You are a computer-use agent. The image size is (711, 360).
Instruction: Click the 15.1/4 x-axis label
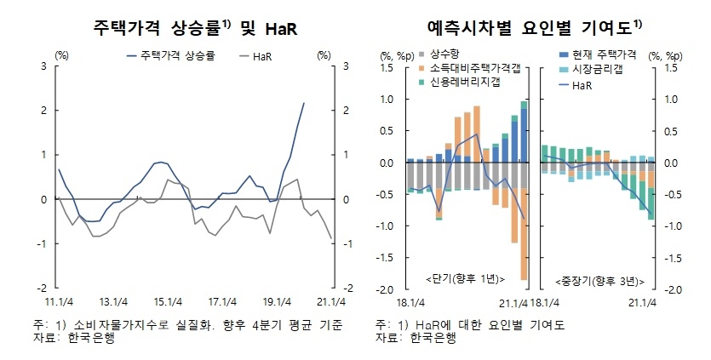coord(167,300)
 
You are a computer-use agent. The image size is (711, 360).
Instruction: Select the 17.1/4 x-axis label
coord(221,300)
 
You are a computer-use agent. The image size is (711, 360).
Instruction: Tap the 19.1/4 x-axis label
coord(276,300)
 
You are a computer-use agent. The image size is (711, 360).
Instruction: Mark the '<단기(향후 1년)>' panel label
coord(464,279)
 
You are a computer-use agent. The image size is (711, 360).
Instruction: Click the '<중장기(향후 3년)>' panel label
coord(597,279)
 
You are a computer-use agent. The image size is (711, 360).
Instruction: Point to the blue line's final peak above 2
coord(304,103)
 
